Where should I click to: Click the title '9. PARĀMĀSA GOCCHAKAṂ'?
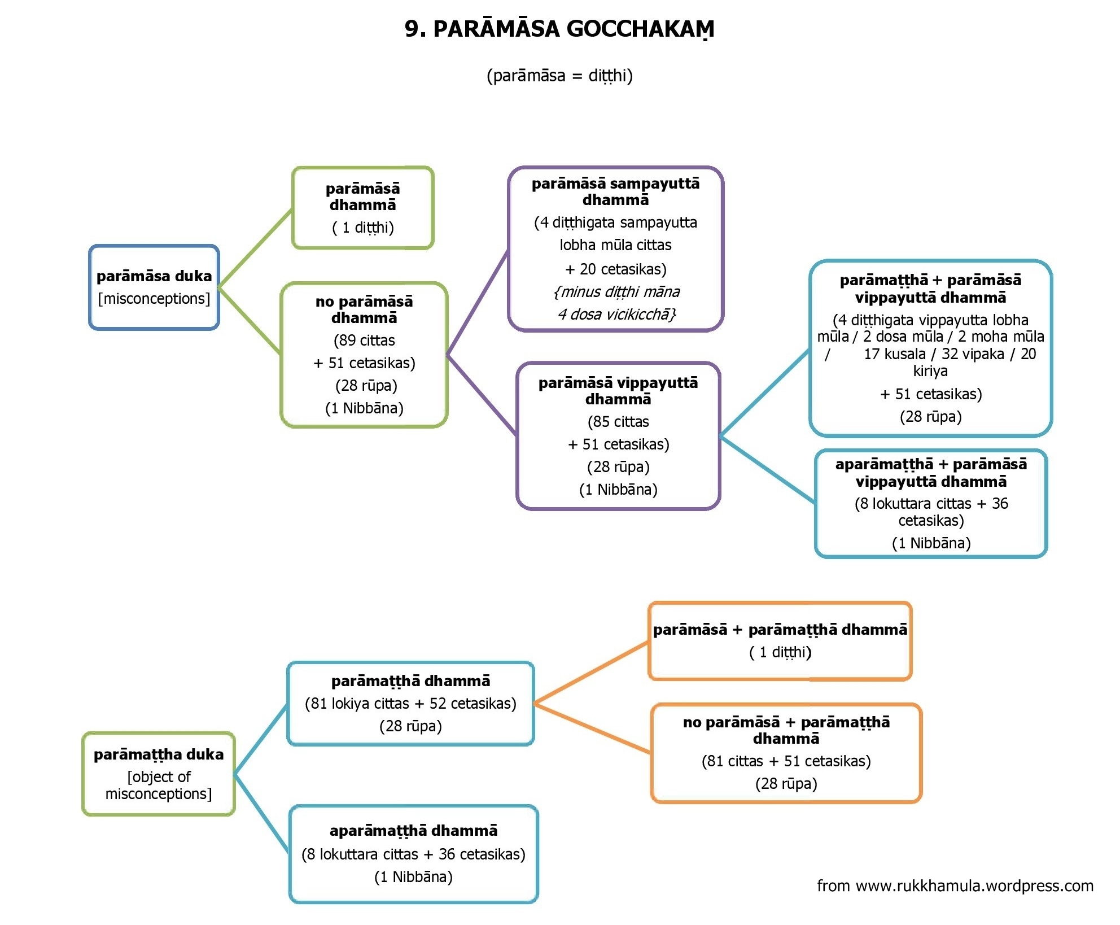coord(559,29)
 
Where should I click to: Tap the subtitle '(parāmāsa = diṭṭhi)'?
coord(559,76)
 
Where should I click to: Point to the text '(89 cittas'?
coord(364,341)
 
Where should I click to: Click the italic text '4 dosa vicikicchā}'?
coord(616,315)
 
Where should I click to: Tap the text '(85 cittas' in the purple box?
coord(618,422)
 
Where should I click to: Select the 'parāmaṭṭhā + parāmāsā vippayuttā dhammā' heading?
coord(930,289)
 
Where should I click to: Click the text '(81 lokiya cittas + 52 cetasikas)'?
coord(410,704)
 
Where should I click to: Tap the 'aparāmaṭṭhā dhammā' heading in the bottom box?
coord(413,831)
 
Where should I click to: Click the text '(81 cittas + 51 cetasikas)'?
coord(786,761)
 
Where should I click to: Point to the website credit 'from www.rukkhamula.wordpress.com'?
coord(955,885)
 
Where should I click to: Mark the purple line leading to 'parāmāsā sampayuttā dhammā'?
coord(478,303)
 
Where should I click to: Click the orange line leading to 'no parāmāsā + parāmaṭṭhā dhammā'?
coord(592,728)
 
